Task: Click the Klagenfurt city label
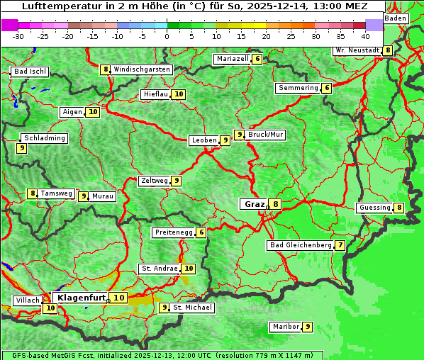(82, 298)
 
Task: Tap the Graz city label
(254, 204)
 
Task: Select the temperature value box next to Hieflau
(179, 94)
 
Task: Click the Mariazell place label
(233, 59)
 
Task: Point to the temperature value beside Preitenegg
(201, 232)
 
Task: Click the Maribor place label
(285, 327)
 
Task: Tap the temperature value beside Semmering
(326, 88)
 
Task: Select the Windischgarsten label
(142, 69)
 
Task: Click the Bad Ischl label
(30, 72)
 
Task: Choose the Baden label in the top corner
(396, 18)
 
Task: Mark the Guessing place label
(374, 208)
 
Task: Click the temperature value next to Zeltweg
(177, 181)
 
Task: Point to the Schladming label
(44, 138)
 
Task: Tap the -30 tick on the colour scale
(18, 35)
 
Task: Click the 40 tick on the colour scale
(365, 35)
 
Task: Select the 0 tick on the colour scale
(167, 35)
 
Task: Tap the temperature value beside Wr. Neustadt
(387, 50)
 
